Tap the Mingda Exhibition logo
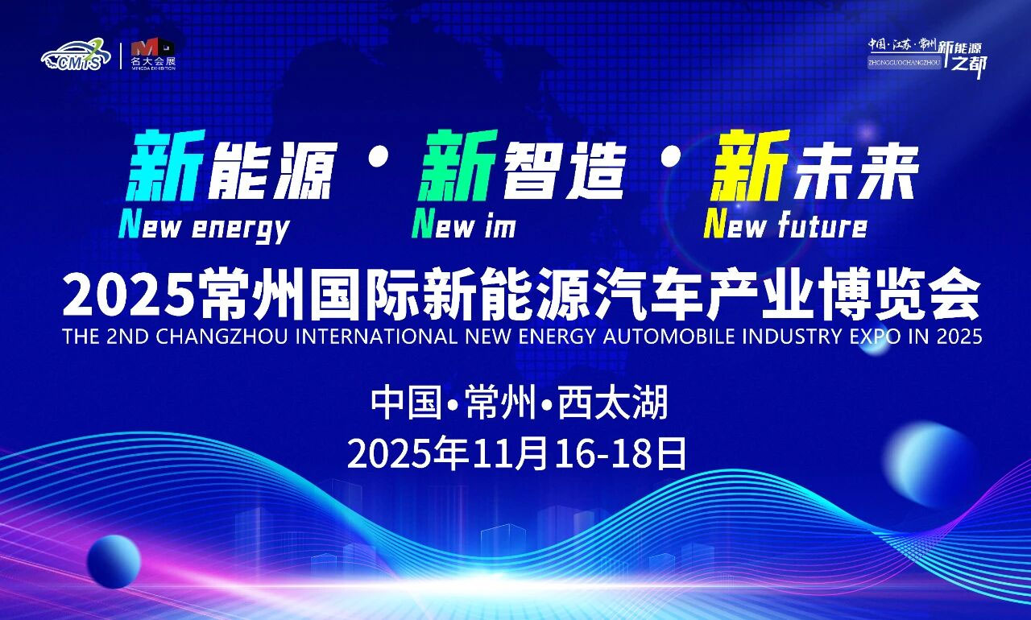point(152,55)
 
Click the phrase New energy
point(204,226)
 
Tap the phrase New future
point(785,225)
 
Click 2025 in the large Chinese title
point(128,296)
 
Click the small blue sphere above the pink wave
point(114,561)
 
